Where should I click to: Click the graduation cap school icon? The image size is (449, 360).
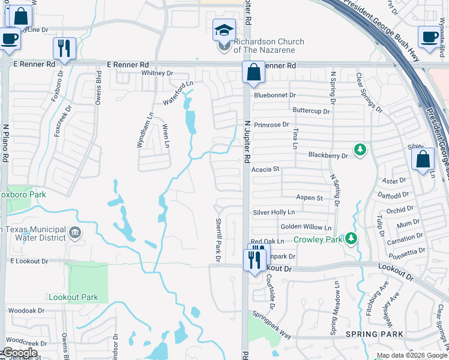tap(223, 29)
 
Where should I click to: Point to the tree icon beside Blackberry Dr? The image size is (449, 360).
tap(360, 149)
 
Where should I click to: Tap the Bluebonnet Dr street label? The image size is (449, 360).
tap(275, 95)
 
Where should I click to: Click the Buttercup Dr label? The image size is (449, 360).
tap(311, 111)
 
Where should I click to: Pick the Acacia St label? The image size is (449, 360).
tap(268, 169)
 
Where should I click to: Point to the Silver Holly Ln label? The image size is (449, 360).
tap(274, 212)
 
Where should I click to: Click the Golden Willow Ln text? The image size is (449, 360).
tap(306, 227)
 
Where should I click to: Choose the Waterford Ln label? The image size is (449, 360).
tap(179, 93)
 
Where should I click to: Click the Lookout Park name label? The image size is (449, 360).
tap(73, 297)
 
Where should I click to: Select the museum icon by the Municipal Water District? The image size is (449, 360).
tap(74, 233)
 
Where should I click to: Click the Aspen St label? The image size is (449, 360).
tap(309, 197)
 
